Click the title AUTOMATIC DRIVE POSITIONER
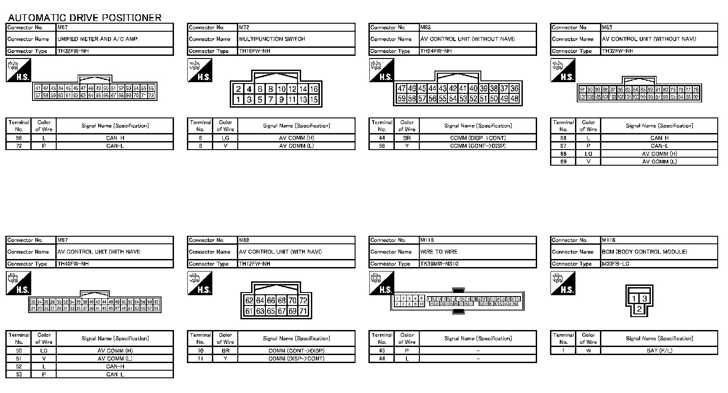pyautogui.click(x=84, y=18)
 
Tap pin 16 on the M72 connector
pyautogui.click(x=314, y=89)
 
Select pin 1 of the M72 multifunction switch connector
pyautogui.click(x=238, y=100)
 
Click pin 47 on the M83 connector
pyautogui.click(x=401, y=88)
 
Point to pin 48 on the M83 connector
pyautogui.click(x=514, y=99)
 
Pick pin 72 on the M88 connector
pyautogui.click(x=303, y=301)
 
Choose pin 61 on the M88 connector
pyautogui.click(x=249, y=311)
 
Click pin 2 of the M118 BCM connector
pyautogui.click(x=639, y=309)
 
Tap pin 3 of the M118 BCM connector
pyautogui.click(x=645, y=299)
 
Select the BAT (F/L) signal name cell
pyautogui.click(x=659, y=351)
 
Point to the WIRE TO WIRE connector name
pyautogui.click(x=438, y=252)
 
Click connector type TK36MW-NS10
pyautogui.click(x=439, y=264)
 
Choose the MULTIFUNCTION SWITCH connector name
pyautogui.click(x=272, y=39)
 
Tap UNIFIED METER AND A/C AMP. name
pyautogui.click(x=98, y=39)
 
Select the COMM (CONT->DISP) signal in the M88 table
pyautogui.click(x=296, y=351)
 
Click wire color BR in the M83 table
pyautogui.click(x=407, y=138)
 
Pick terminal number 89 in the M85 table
pyautogui.click(x=563, y=162)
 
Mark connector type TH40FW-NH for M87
pyautogui.click(x=73, y=264)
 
